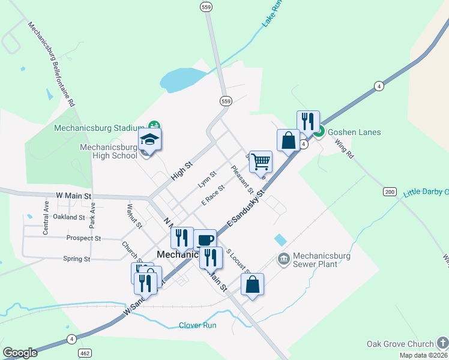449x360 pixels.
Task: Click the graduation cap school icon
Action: coord(149,140)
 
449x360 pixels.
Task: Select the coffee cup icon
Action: coord(205,239)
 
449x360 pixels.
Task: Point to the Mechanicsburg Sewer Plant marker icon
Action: coord(283,259)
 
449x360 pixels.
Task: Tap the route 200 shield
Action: coord(390,191)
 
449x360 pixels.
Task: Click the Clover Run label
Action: coord(197,325)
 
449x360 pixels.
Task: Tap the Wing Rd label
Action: coord(344,148)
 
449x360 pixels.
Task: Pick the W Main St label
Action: coord(73,196)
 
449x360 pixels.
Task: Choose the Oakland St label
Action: coord(69,217)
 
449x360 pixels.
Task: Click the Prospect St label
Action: coord(83,238)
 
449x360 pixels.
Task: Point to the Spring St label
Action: coord(76,259)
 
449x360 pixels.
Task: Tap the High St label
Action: coord(179,172)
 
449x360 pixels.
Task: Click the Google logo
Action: coord(20,353)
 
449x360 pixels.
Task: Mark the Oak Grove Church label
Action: coord(400,344)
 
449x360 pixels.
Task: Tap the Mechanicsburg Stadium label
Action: coord(99,128)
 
